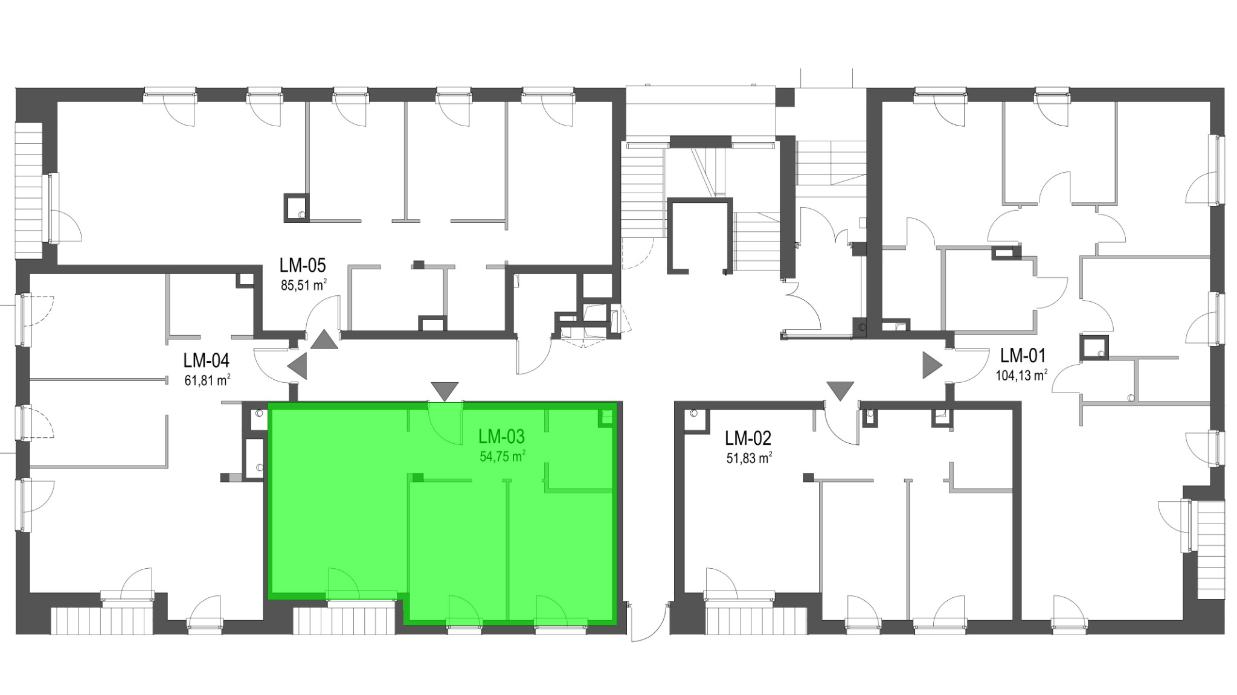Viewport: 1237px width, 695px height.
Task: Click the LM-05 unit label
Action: tap(303, 265)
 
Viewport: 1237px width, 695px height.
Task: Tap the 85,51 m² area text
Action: tap(304, 285)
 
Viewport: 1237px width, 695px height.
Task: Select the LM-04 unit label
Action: tap(207, 360)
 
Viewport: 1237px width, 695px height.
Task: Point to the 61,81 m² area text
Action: tap(207, 380)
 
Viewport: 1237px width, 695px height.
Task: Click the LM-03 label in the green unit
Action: tap(501, 436)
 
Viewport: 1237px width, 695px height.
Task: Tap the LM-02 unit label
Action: tap(748, 438)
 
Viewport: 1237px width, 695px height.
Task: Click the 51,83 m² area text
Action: tap(749, 458)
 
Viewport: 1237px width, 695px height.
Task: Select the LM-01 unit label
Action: tap(1023, 355)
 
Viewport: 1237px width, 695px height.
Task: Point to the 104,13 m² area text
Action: tap(1021, 376)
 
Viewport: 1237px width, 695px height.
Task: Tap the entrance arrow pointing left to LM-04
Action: tap(297, 366)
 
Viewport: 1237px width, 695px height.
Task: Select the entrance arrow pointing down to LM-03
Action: tap(445, 391)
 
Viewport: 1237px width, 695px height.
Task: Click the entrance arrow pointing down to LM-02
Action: tap(840, 391)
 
